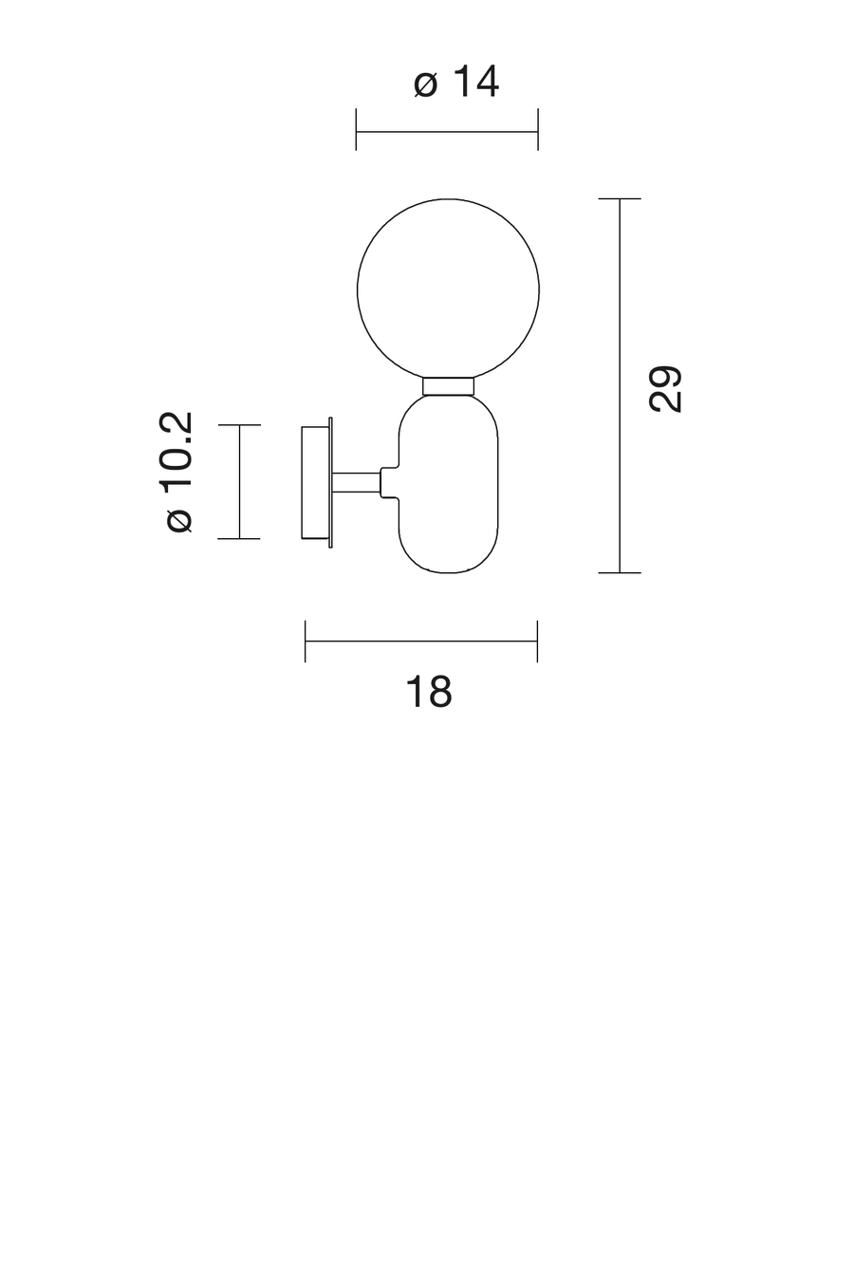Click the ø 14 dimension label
[455, 83]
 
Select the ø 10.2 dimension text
[179, 472]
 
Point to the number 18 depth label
[429, 691]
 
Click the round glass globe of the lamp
[357, 289]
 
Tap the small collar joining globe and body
[449, 385]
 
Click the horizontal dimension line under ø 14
[447, 132]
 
